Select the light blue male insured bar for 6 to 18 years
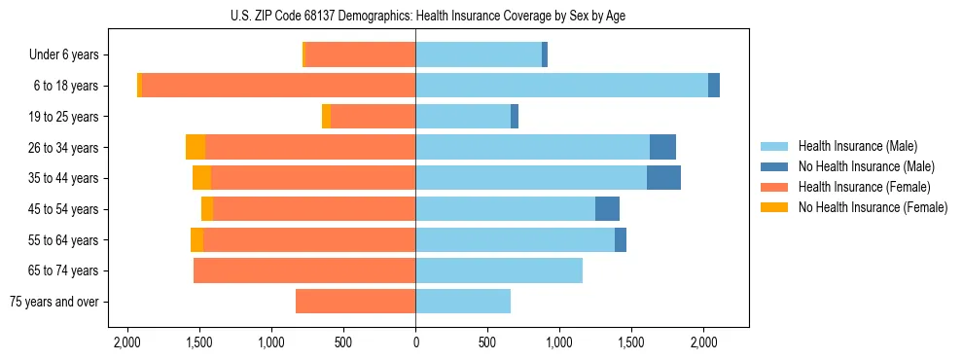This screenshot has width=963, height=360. tap(561, 86)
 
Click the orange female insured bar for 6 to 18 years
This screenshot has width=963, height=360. tap(278, 86)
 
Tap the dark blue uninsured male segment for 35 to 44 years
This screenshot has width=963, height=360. tap(663, 178)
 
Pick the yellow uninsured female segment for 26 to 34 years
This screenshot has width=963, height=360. tap(196, 147)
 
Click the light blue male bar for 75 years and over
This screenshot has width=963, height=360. tap(463, 302)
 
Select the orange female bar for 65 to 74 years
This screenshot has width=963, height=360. tap(304, 270)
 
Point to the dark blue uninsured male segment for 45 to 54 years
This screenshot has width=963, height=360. tap(607, 209)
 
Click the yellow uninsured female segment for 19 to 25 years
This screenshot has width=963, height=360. tap(326, 117)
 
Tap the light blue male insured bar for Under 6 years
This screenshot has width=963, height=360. tap(479, 54)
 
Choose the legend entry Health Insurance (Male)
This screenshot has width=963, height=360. tap(857, 146)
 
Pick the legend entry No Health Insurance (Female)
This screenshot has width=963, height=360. tap(873, 207)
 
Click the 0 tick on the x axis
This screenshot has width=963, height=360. tap(415, 342)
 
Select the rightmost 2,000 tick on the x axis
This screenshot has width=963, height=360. tap(703, 342)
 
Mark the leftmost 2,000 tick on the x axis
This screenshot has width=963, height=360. tap(127, 342)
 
